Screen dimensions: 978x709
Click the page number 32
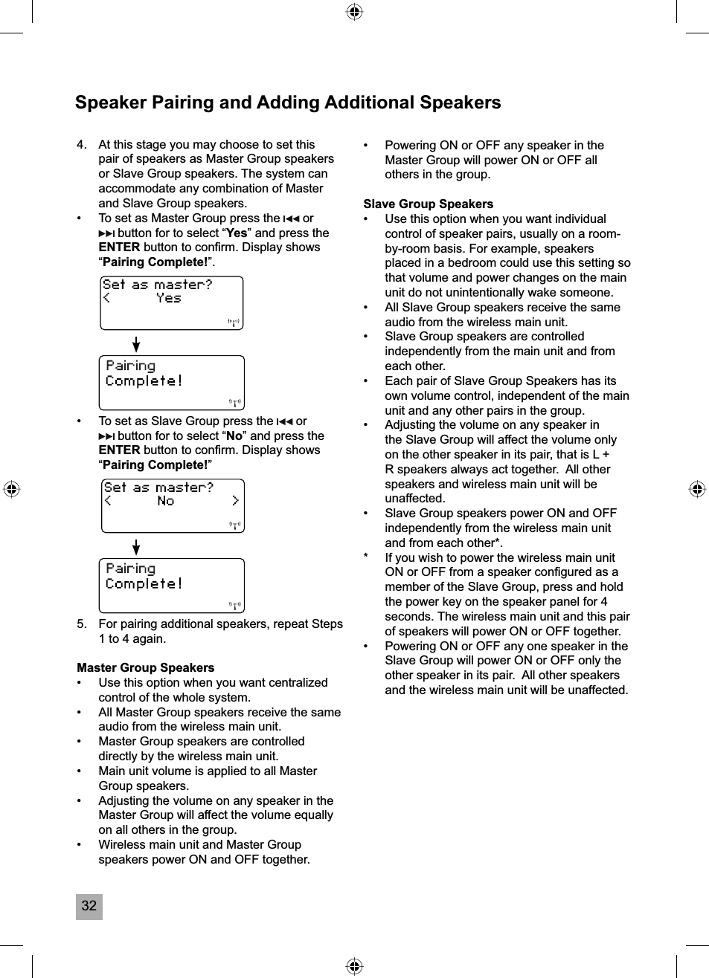coord(89,906)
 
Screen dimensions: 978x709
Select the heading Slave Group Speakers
coord(428,204)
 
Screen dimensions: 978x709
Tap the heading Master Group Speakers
coord(145,667)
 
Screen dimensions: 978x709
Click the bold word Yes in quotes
coord(236,233)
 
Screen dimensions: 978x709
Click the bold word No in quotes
coord(234,435)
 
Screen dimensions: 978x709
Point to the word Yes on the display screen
coord(169,298)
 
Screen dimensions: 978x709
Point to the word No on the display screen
coord(166,501)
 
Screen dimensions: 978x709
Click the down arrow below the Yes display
coord(136,344)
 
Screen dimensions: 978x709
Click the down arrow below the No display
coord(136,547)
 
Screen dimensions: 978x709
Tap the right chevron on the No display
coord(235,501)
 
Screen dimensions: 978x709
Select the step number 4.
coord(81,144)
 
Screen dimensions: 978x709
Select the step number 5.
coord(81,624)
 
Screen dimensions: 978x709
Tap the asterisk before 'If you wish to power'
coord(365,557)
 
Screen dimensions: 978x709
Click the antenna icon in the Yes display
coord(234,323)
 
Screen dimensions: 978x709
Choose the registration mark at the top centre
coord(355,12)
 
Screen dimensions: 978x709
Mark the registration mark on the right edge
coord(696,489)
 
